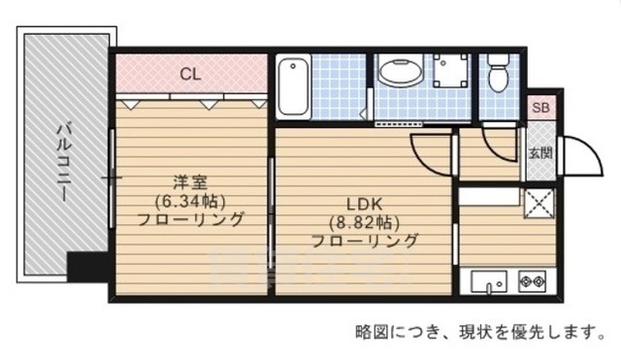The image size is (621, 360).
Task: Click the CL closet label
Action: pyautogui.click(x=190, y=72)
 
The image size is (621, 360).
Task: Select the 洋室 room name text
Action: pyautogui.click(x=189, y=181)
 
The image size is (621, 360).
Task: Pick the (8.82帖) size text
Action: pyautogui.click(x=365, y=222)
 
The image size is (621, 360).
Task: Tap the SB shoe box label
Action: pyautogui.click(x=539, y=107)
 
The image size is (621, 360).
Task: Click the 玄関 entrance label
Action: pyautogui.click(x=540, y=152)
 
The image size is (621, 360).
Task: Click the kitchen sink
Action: pyautogui.click(x=491, y=282)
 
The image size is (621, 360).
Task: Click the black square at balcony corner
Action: pyautogui.click(x=82, y=266)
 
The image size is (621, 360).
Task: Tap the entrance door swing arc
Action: pyautogui.click(x=572, y=155)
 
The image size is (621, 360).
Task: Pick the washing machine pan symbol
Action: pyautogui.click(x=447, y=72)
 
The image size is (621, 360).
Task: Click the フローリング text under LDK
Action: pyautogui.click(x=365, y=241)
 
